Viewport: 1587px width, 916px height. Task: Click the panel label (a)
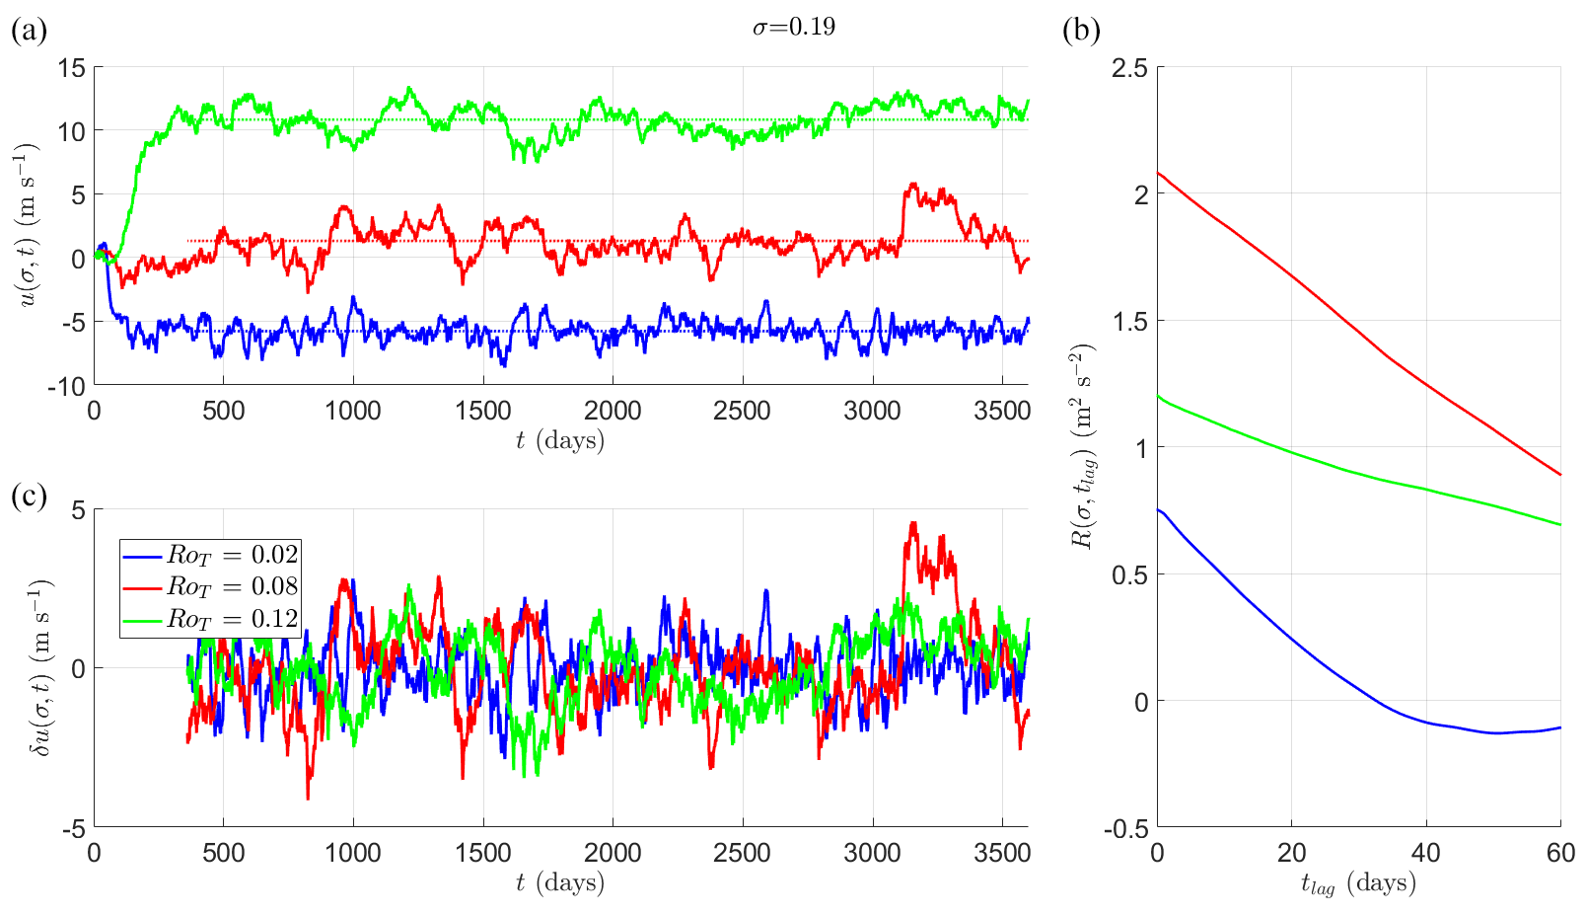pos(29,31)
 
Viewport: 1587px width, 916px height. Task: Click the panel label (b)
pos(1081,31)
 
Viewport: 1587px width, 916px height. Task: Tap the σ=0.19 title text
pos(794,27)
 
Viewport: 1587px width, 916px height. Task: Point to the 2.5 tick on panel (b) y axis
pos(1129,68)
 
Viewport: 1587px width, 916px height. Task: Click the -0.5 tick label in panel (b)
pos(1125,828)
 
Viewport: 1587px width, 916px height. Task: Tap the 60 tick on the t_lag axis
pos(1560,853)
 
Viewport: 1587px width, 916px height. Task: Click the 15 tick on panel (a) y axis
pos(73,68)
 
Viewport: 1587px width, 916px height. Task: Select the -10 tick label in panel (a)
pos(68,387)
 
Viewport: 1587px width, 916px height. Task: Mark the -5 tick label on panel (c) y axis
pos(73,828)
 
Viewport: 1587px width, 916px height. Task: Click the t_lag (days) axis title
pos(1358,883)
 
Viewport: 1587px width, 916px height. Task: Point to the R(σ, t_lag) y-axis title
pos(1082,447)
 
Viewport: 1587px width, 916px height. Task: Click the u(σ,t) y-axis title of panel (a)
pos(29,225)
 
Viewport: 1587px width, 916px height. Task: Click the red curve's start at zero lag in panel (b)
pos(1158,173)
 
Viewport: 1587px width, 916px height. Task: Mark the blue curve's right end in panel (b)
pos(1560,727)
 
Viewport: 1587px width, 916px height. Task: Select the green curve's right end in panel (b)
pos(1560,525)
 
